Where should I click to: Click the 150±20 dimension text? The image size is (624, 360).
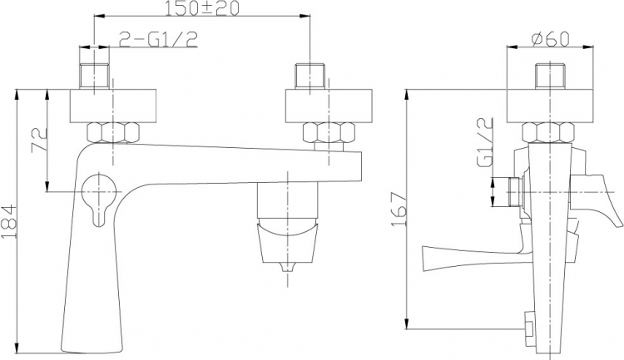click(x=202, y=8)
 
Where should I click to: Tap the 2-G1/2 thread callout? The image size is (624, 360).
click(x=158, y=39)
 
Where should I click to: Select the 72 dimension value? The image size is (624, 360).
click(x=39, y=139)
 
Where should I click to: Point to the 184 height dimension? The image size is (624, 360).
click(x=9, y=221)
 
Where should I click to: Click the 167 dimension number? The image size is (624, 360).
click(x=399, y=210)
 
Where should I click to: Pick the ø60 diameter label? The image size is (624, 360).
click(x=551, y=38)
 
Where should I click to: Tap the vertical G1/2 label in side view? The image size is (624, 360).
click(x=485, y=142)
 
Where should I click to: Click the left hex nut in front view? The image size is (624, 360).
click(x=113, y=132)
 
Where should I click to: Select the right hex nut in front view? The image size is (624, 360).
click(x=329, y=132)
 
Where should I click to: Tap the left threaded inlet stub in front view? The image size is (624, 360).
click(x=94, y=76)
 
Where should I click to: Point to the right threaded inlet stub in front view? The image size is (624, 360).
click(x=310, y=76)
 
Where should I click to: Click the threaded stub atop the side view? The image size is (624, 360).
click(x=550, y=76)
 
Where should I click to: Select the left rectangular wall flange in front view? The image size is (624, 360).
click(x=113, y=106)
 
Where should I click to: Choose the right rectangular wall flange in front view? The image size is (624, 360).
click(x=329, y=106)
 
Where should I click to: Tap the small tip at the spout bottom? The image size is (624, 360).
click(x=288, y=267)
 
